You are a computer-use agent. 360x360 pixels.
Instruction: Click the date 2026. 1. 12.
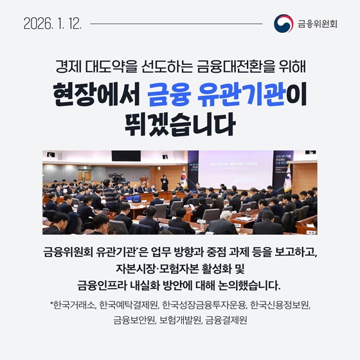(52, 24)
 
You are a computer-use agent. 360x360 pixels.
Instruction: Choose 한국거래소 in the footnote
(72, 305)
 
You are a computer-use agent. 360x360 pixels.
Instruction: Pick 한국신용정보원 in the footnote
(280, 305)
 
